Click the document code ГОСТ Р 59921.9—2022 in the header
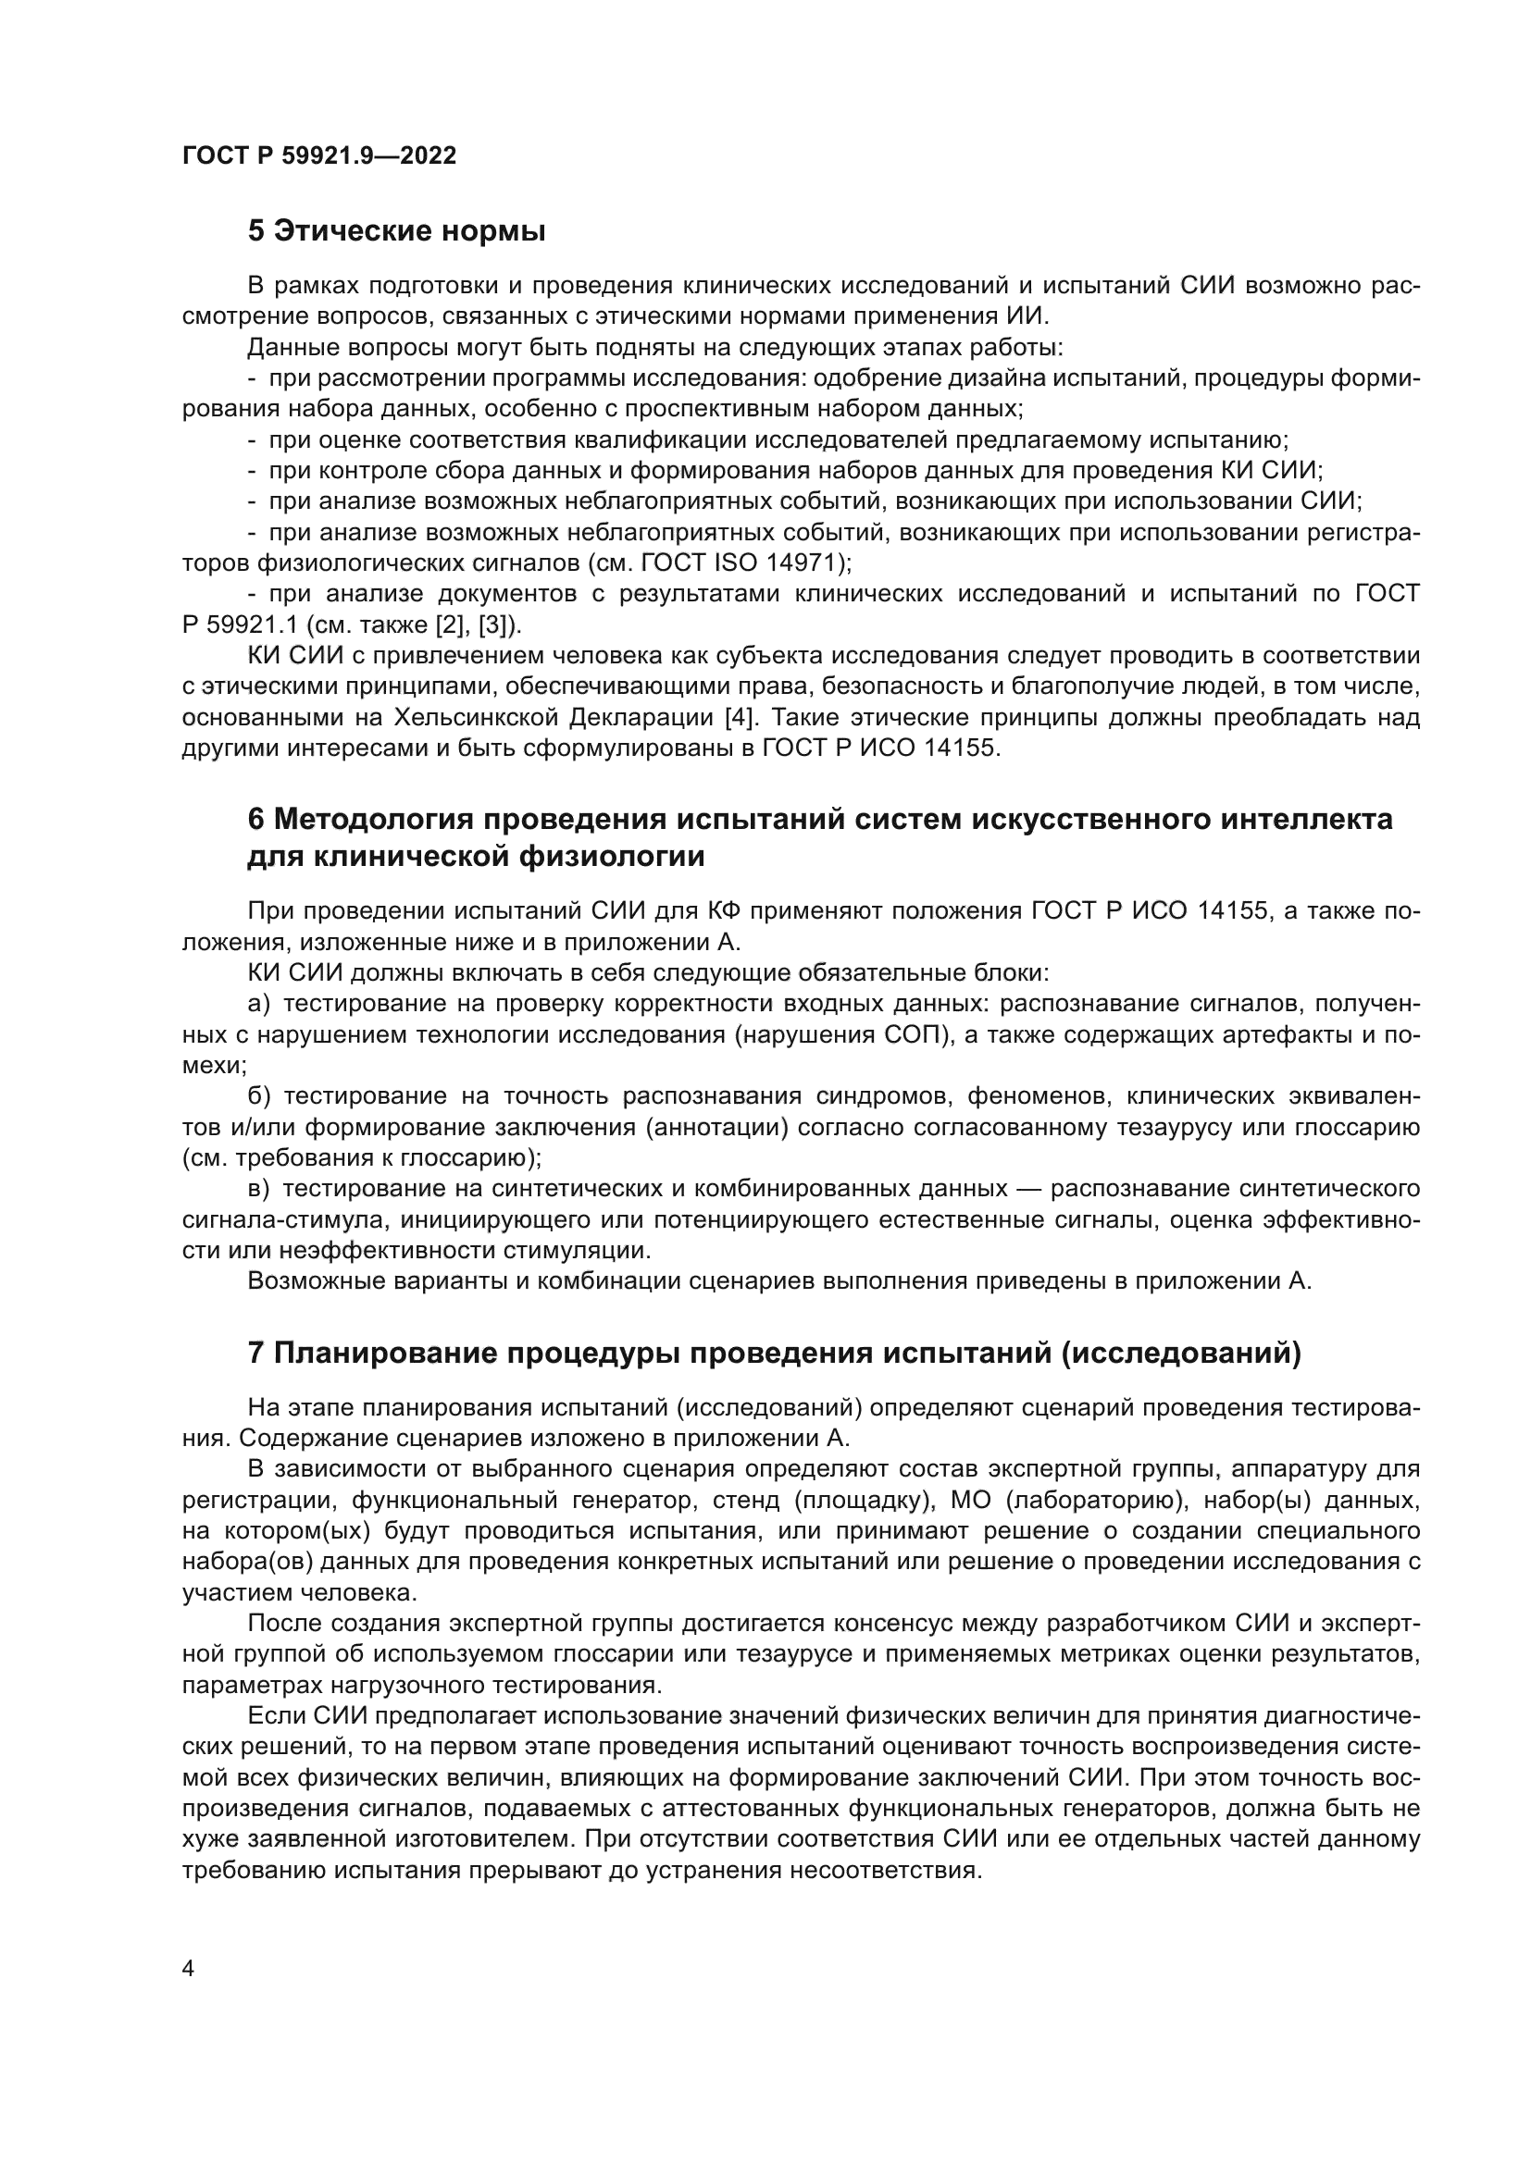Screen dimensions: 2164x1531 pyautogui.click(x=318, y=156)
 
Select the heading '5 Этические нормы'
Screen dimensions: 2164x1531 pyautogui.click(x=396, y=231)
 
